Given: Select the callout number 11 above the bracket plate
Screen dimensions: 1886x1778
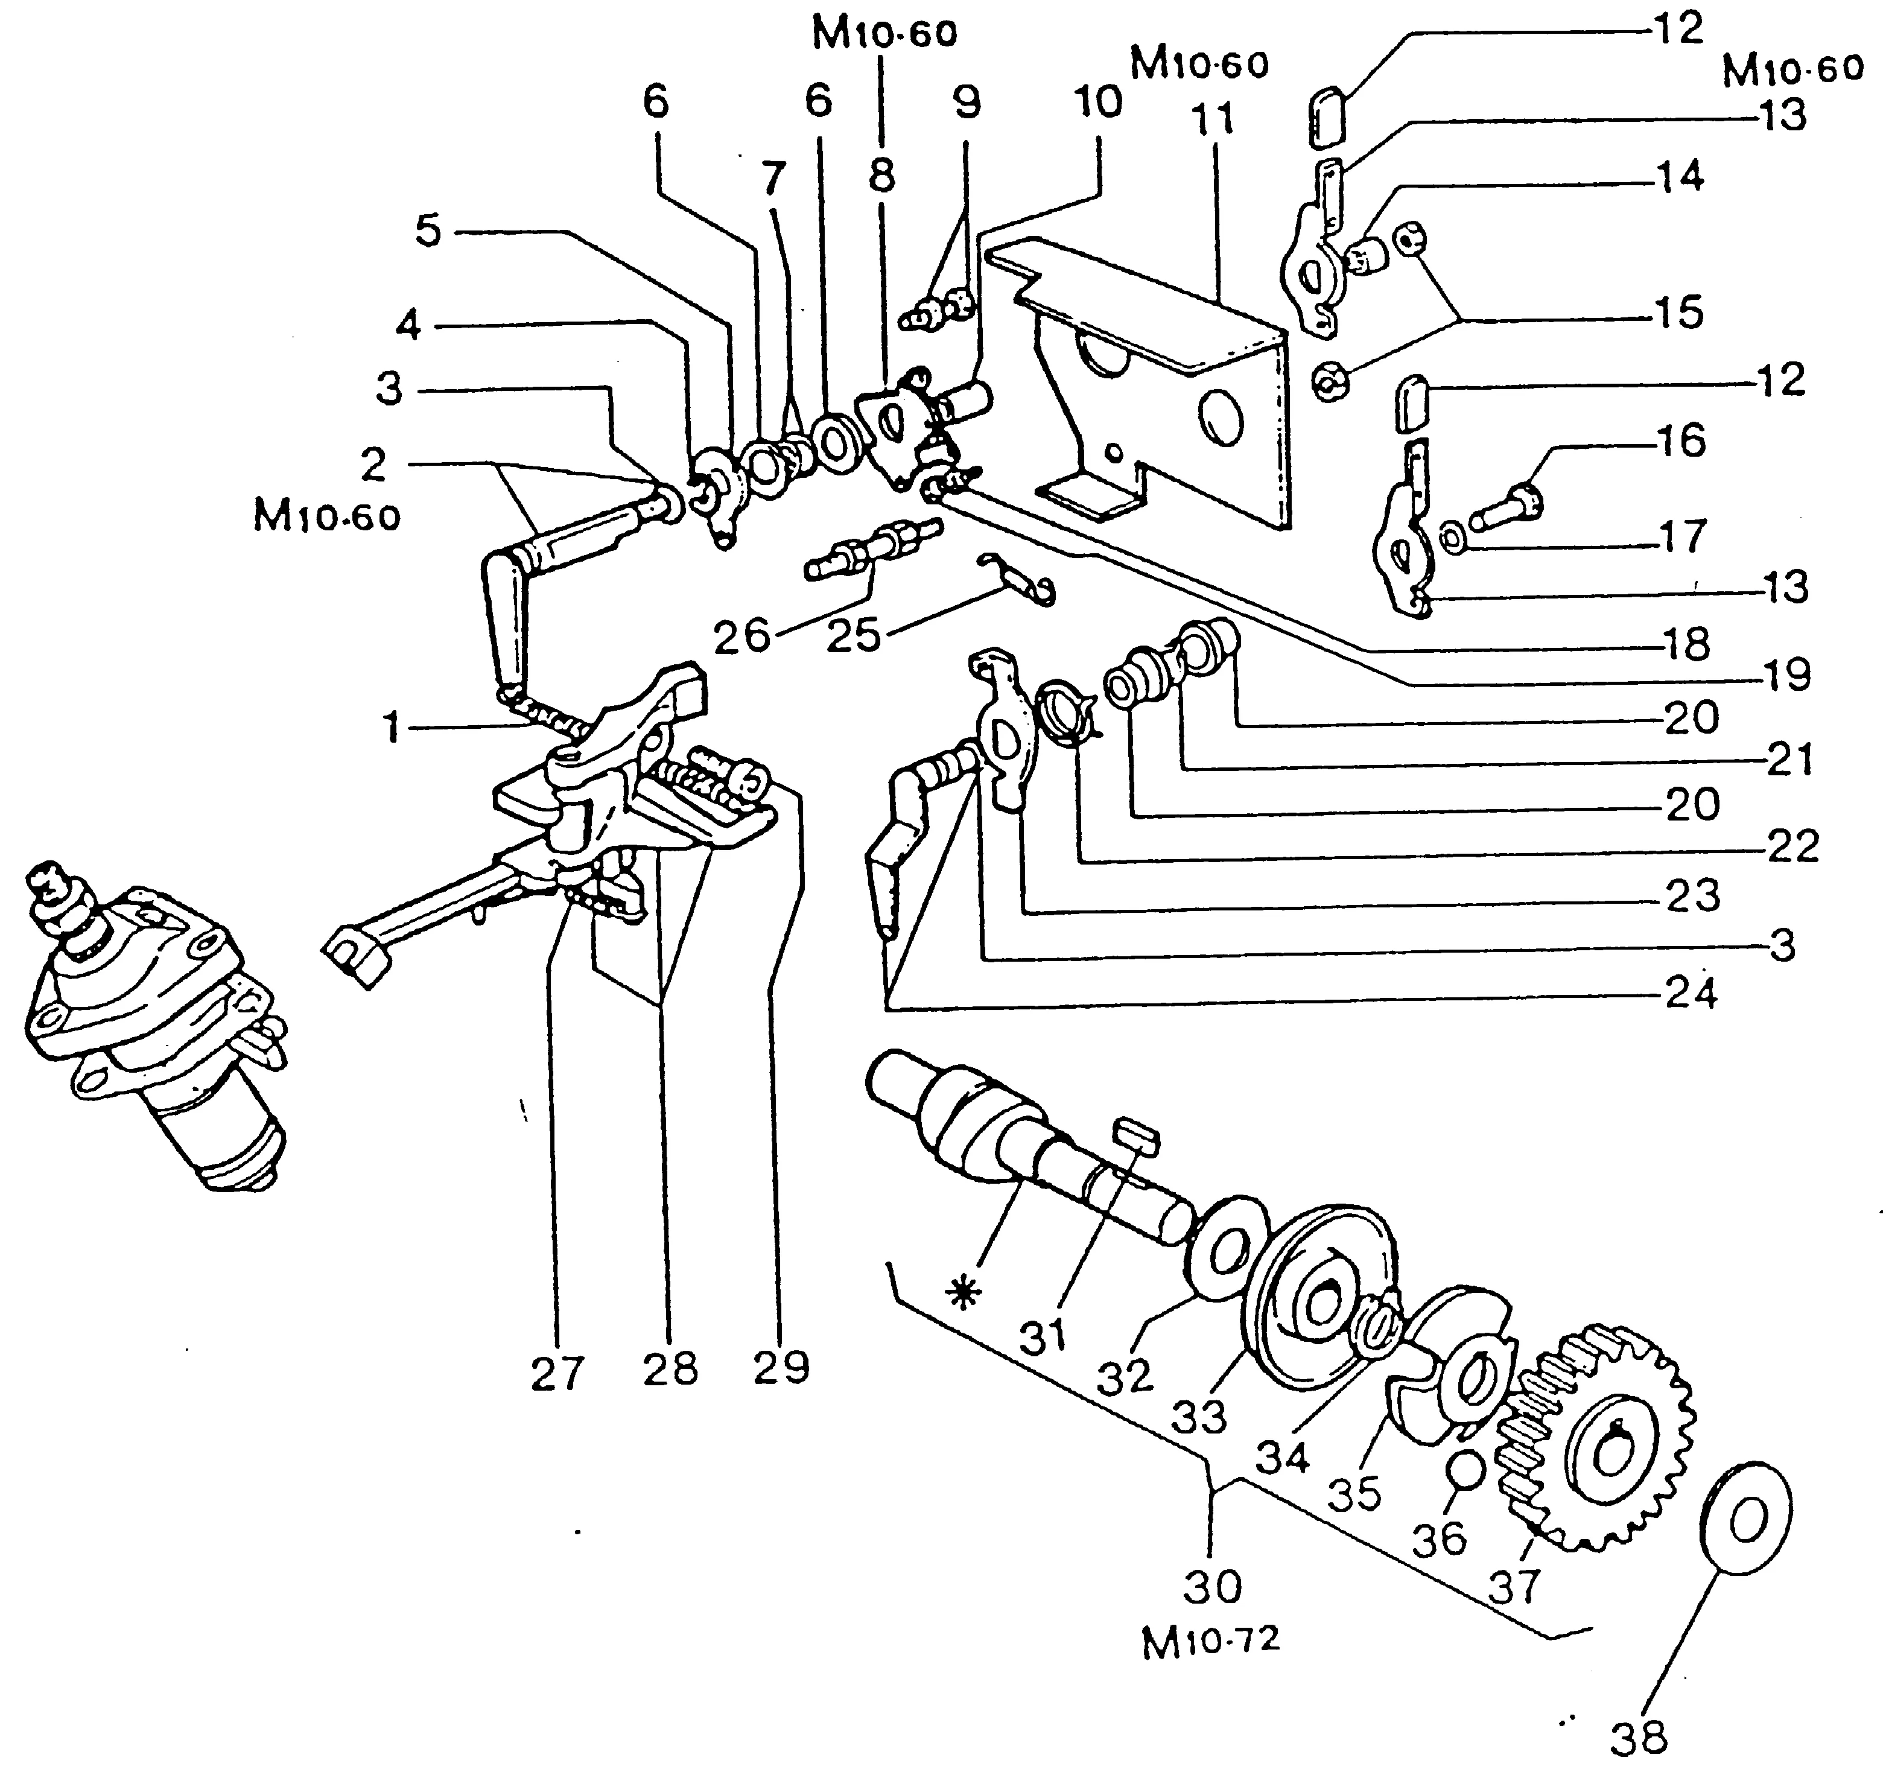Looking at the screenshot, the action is pyautogui.click(x=1213, y=119).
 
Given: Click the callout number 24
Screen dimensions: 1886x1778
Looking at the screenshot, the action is pyautogui.click(x=1692, y=994).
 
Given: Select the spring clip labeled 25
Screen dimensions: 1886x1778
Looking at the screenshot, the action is pyautogui.click(x=1016, y=578).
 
